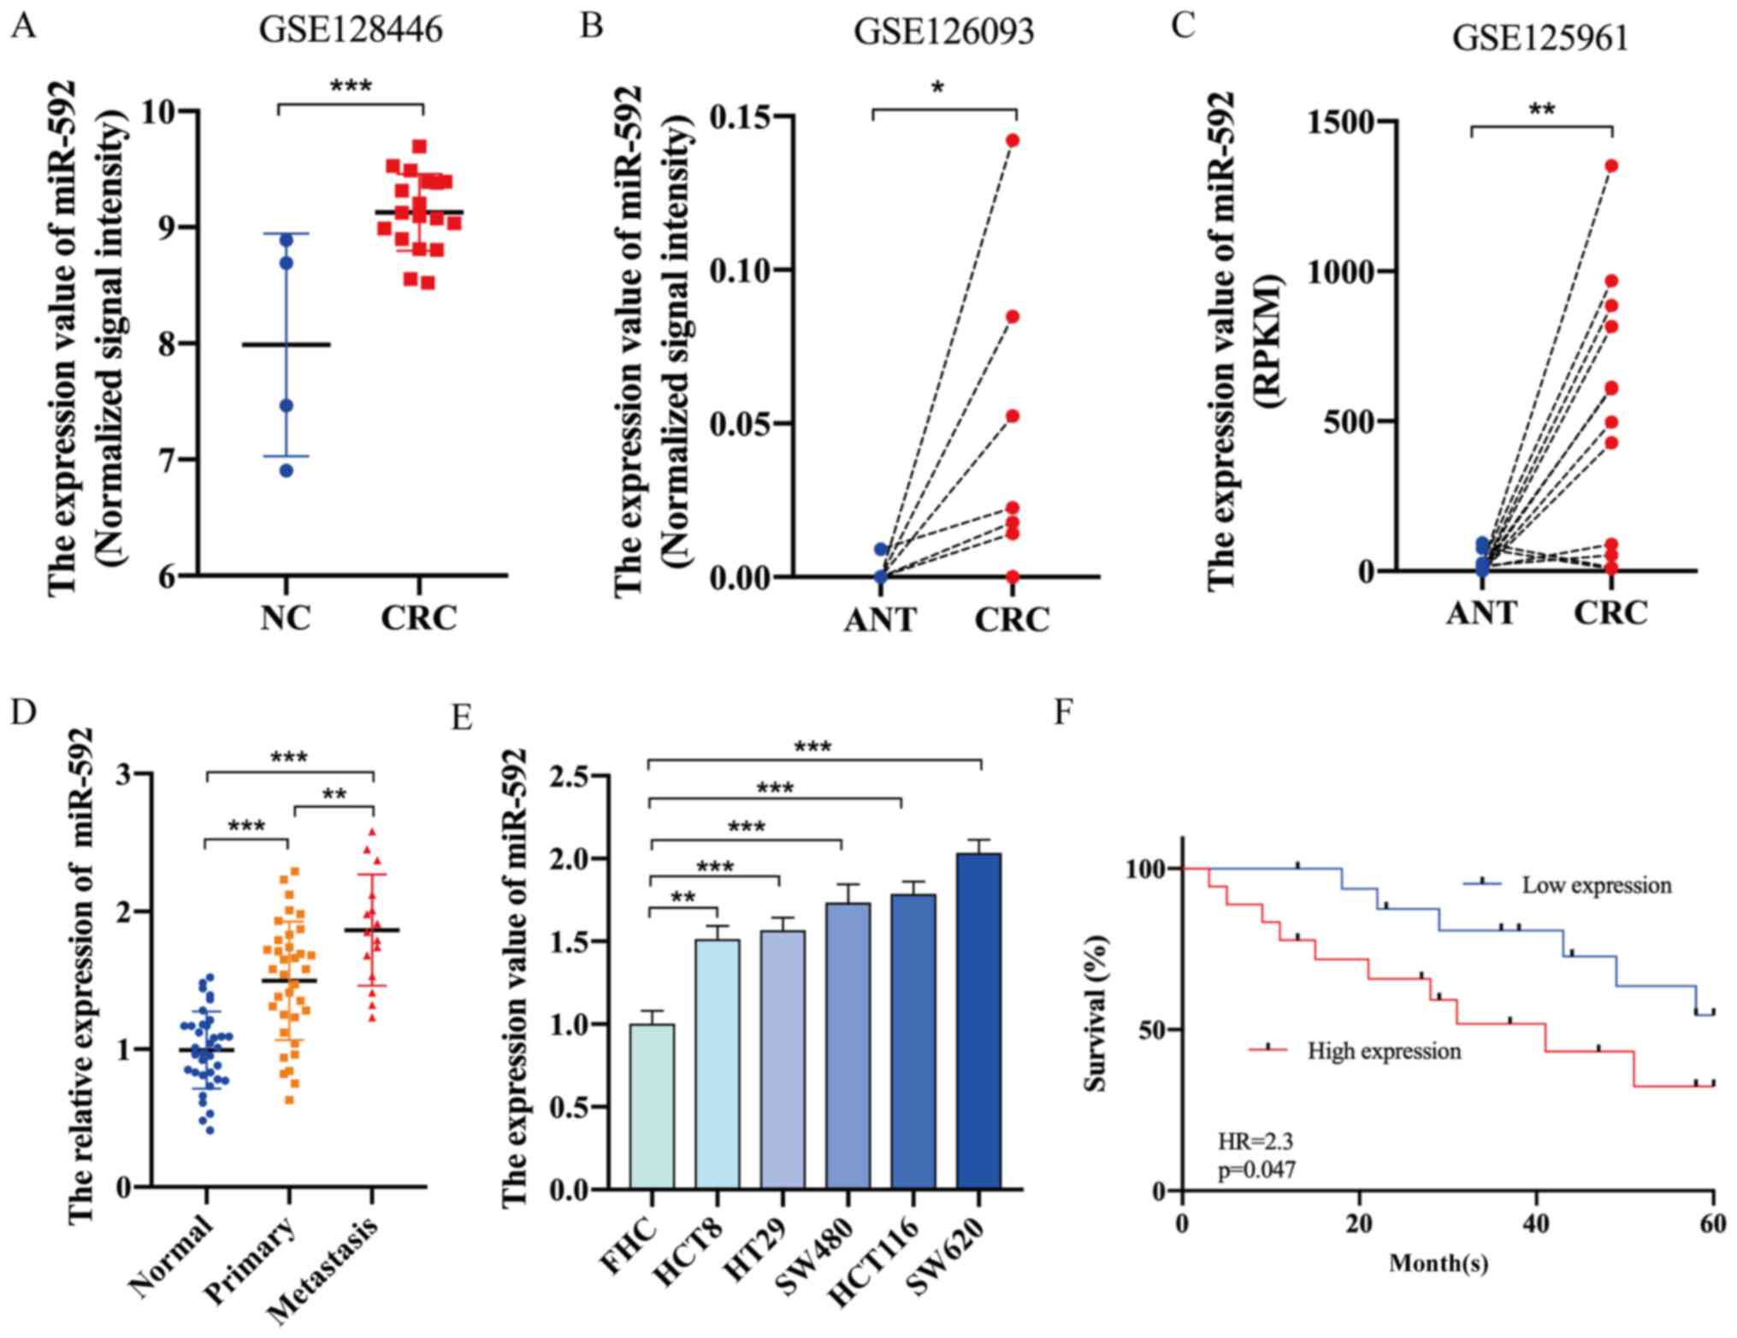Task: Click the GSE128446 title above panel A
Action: (x=351, y=30)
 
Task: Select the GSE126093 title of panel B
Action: (x=943, y=32)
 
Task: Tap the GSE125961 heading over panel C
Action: (x=1540, y=39)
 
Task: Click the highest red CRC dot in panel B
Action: (x=1013, y=140)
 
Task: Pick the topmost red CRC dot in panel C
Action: (x=1611, y=166)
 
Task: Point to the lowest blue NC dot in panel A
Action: (x=287, y=470)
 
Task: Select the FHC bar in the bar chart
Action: (x=652, y=1106)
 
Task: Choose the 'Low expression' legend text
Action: (x=1596, y=885)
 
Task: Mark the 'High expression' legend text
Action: (x=1384, y=1050)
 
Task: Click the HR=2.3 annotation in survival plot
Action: (x=1250, y=1141)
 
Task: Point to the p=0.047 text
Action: (x=1256, y=1169)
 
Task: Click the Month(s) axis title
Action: (x=1439, y=1262)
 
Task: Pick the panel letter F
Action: (x=1063, y=711)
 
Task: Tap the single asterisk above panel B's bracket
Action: (x=938, y=88)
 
